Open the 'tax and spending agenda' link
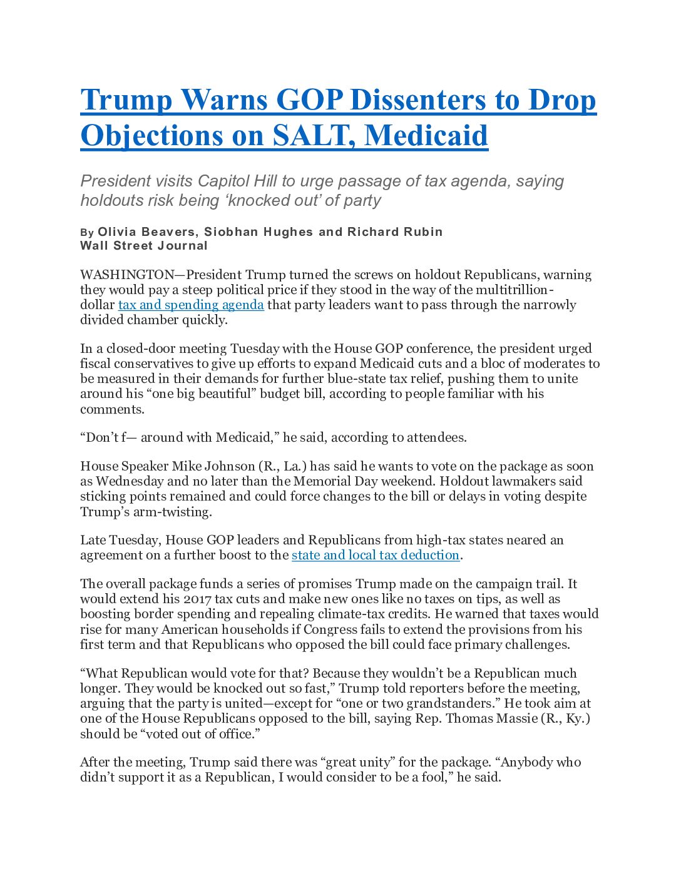click(x=191, y=305)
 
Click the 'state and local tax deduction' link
click(x=376, y=555)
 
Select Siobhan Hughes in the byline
click(x=259, y=232)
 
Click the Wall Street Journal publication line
click(x=144, y=245)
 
